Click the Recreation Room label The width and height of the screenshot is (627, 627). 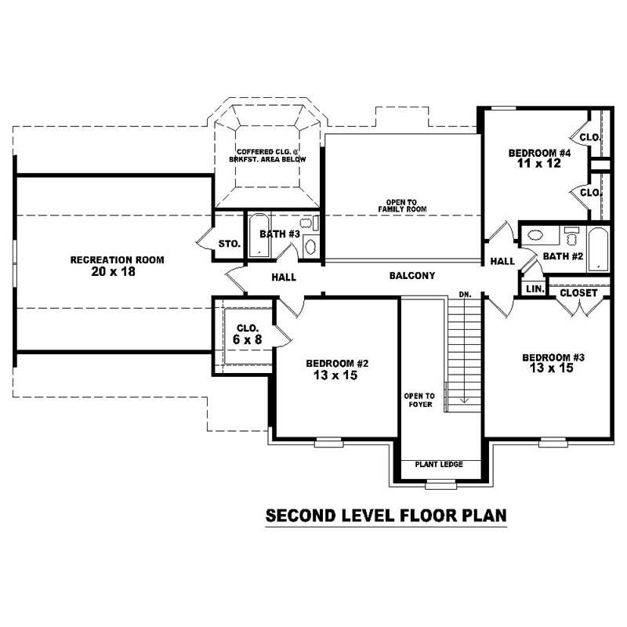point(118,259)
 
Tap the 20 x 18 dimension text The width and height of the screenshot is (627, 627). point(118,272)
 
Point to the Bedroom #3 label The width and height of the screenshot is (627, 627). point(554,357)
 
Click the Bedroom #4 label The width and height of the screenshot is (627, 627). point(539,153)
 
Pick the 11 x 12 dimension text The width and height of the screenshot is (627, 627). point(539,165)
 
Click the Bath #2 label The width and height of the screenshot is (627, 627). point(563,256)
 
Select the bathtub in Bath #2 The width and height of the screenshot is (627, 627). point(598,248)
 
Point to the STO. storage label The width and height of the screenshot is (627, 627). point(229,244)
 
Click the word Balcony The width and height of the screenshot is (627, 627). point(411,276)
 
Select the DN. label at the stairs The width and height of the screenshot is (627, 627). point(464,295)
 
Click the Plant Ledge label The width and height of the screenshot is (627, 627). point(439,465)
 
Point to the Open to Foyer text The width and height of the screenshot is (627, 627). point(419,400)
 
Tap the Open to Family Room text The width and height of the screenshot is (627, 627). point(401,205)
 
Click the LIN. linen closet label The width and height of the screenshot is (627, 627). point(535,289)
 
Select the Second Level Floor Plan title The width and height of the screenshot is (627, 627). point(386,516)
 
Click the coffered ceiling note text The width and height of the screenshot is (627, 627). point(267,155)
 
